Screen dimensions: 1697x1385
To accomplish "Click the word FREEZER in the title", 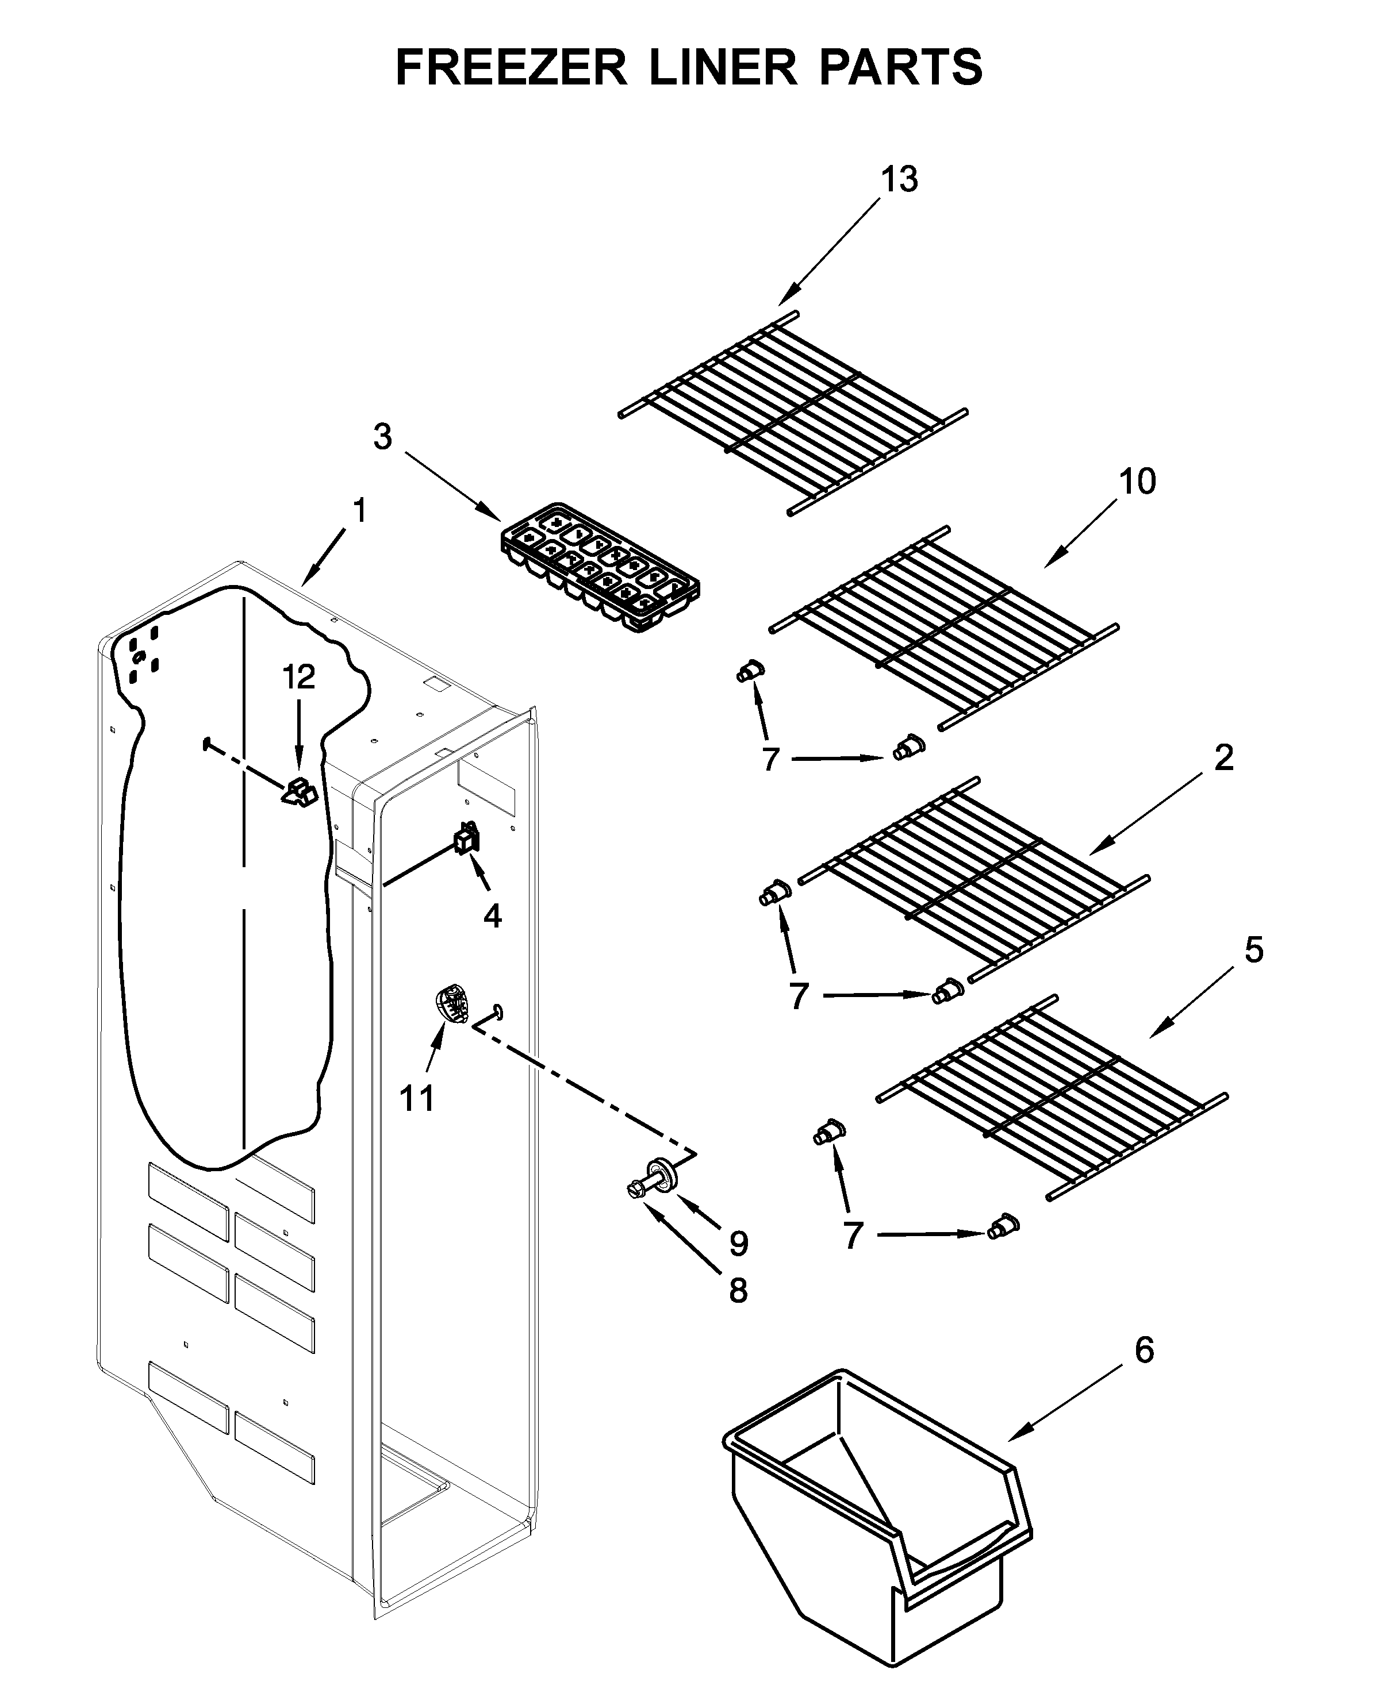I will pos(511,67).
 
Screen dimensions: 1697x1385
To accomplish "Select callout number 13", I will pos(899,180).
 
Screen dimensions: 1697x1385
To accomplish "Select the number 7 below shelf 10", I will pos(769,760).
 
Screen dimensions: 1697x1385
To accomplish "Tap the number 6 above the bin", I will pos(1144,1350).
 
